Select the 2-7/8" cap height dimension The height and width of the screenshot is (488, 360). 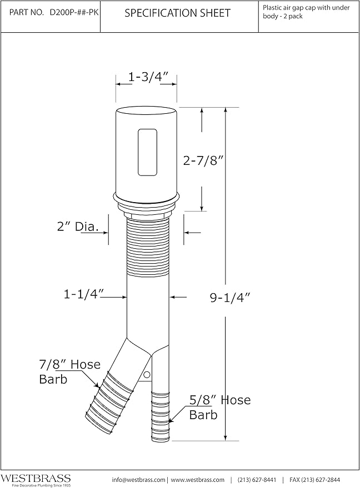coord(203,160)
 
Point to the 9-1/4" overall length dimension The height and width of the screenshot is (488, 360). coord(230,298)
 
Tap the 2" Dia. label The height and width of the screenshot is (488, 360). coord(78,227)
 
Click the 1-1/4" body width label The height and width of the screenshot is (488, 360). coord(83,294)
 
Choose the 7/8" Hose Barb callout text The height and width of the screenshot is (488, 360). coord(70,371)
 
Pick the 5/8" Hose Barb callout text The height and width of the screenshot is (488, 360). coord(220,407)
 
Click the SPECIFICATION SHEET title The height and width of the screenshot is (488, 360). coord(178,13)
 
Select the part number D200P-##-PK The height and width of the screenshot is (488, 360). coord(74,12)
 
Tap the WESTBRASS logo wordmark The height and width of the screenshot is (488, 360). coord(36,478)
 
